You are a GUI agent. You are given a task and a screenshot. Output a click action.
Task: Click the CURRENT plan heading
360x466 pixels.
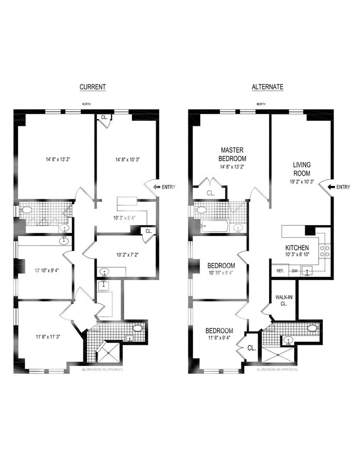pyautogui.click(x=93, y=87)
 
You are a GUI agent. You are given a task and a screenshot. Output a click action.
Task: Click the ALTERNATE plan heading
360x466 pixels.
pyautogui.click(x=267, y=87)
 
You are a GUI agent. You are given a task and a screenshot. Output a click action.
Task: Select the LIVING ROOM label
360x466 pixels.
pyautogui.click(x=299, y=170)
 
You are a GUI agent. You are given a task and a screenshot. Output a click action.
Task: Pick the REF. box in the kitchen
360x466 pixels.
pyautogui.click(x=280, y=271)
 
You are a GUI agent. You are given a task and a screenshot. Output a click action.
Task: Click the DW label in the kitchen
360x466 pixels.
pyautogui.click(x=294, y=271)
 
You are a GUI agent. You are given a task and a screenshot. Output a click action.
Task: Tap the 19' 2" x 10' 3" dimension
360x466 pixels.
pyautogui.click(x=300, y=182)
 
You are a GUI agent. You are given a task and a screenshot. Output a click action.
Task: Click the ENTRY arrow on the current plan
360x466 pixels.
pyautogui.click(x=155, y=187)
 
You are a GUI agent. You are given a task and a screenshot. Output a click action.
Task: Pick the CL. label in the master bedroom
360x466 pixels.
pyautogui.click(x=210, y=192)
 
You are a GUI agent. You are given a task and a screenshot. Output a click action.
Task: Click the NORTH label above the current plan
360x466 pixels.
pyautogui.click(x=87, y=104)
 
